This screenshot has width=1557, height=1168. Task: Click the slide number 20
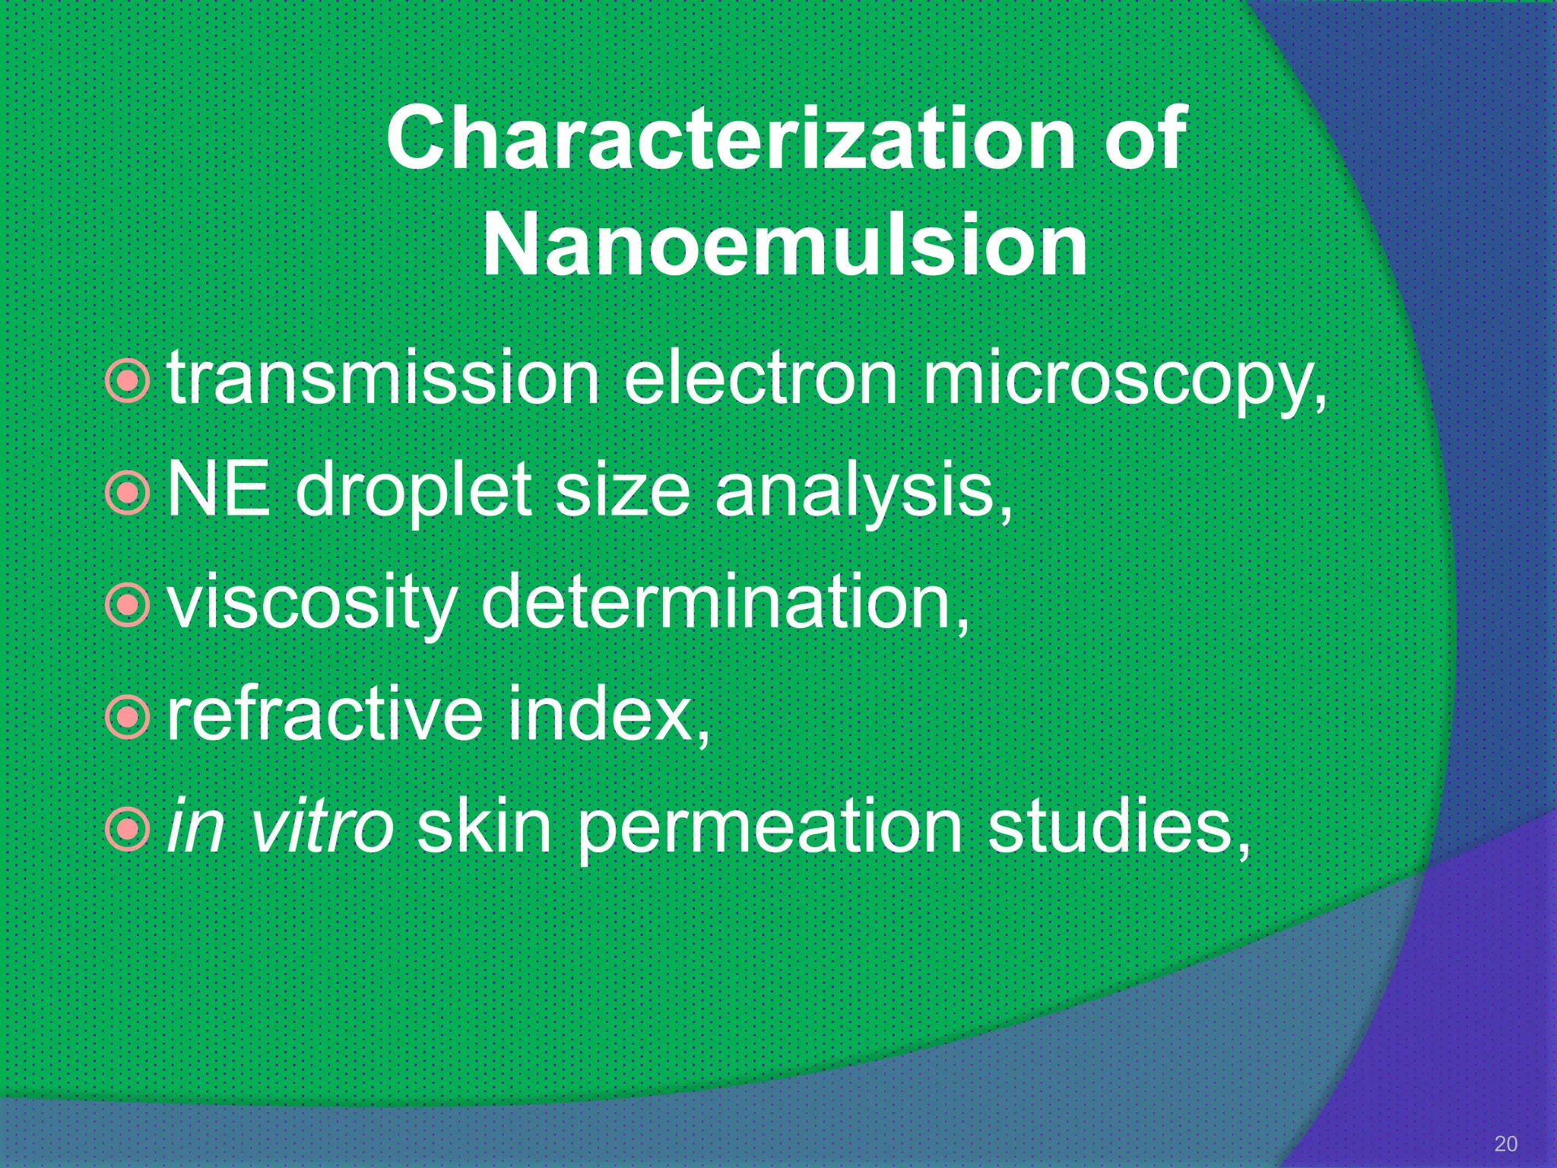coord(1505,1144)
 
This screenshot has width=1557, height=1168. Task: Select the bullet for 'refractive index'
coord(127,716)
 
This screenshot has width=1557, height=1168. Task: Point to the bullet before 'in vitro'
coord(127,829)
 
